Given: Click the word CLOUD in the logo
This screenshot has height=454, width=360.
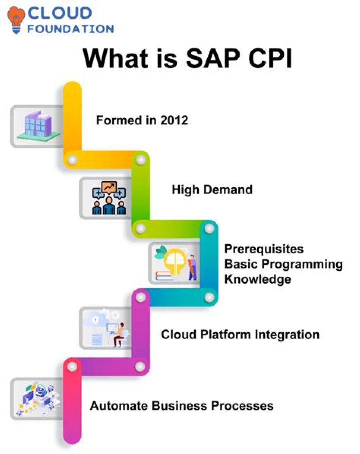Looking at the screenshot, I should point(60,13).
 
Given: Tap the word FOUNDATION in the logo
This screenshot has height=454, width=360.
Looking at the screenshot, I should point(70,29).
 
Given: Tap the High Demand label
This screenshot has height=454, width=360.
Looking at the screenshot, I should point(212,189).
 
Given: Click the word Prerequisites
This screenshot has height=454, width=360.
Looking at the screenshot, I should point(264,248).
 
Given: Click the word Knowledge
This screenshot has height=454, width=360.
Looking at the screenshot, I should point(258,279).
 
